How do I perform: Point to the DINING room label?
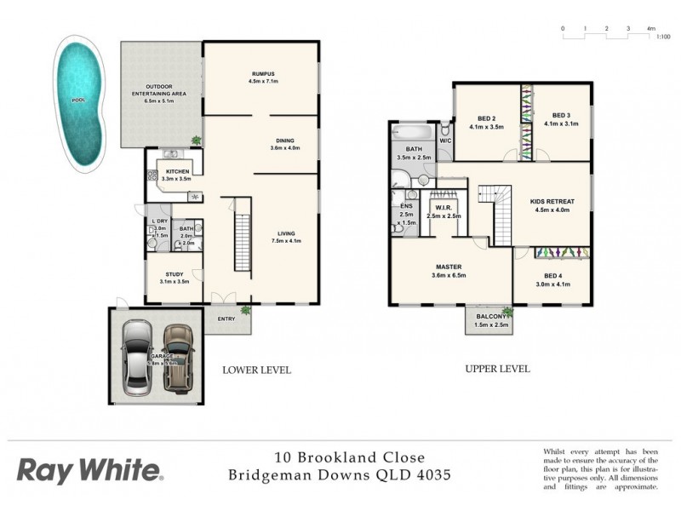[x=285, y=141]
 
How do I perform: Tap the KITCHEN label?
[x=178, y=171]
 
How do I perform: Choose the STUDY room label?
[x=174, y=274]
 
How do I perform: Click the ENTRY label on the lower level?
[x=226, y=319]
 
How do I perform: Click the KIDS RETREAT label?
[x=552, y=201]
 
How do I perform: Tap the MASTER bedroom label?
[x=448, y=267]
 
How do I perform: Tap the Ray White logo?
[x=89, y=470]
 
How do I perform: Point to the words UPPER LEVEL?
[x=497, y=369]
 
